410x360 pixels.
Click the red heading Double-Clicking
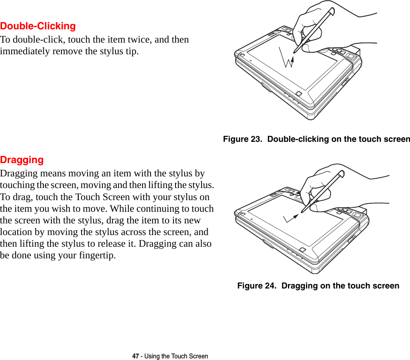38,26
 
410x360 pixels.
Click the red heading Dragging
22,160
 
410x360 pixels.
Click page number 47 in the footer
135,356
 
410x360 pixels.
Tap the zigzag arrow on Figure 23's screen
287,58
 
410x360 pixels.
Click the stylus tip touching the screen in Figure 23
295,52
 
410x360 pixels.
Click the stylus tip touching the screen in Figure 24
302,211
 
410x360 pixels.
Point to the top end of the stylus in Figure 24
342,174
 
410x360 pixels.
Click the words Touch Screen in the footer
190,356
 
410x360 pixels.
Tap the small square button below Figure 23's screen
304,99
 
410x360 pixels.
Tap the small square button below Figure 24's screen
303,250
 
